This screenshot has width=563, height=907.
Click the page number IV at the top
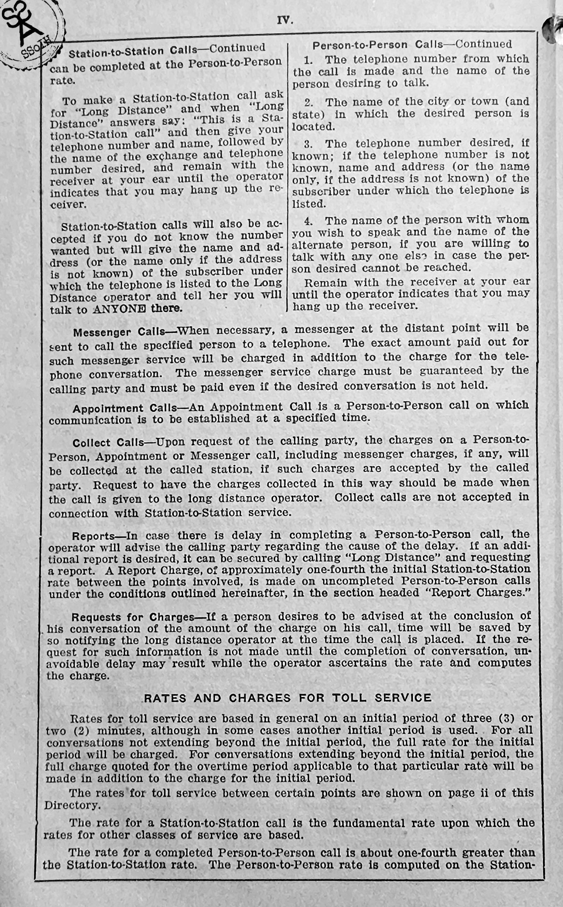tap(285, 20)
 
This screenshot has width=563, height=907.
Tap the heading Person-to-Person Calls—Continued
tap(412, 44)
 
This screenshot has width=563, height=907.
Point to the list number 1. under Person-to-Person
tap(308, 59)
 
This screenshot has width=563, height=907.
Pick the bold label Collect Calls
tap(107, 443)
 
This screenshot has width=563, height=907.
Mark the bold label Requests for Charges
tap(132, 617)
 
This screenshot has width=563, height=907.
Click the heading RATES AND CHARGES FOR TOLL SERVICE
tap(288, 698)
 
